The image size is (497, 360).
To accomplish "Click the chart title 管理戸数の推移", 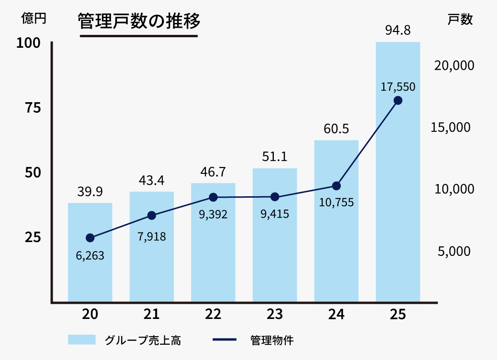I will pyautogui.click(x=139, y=22).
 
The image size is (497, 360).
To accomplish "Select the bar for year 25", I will pyautogui.click(x=398, y=191).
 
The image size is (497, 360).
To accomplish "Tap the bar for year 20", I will pyautogui.click(x=90, y=267).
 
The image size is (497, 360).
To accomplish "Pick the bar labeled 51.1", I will pyautogui.click(x=275, y=248).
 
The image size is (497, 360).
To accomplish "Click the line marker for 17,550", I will pyautogui.click(x=398, y=100).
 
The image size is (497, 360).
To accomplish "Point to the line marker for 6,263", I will pyautogui.click(x=90, y=238).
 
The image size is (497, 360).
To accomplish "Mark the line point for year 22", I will pyautogui.click(x=213, y=197).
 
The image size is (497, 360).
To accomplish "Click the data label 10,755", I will pyautogui.click(x=336, y=202).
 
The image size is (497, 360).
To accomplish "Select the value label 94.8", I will pyautogui.click(x=398, y=32).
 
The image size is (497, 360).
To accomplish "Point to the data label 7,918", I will pyautogui.click(x=151, y=236).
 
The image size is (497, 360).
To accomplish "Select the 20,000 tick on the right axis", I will pyautogui.click(x=454, y=65).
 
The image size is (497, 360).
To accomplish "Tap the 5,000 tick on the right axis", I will pyautogui.click(x=454, y=251).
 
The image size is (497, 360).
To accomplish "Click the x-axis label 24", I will pyautogui.click(x=336, y=315).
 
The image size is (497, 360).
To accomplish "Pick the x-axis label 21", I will pyautogui.click(x=151, y=315).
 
